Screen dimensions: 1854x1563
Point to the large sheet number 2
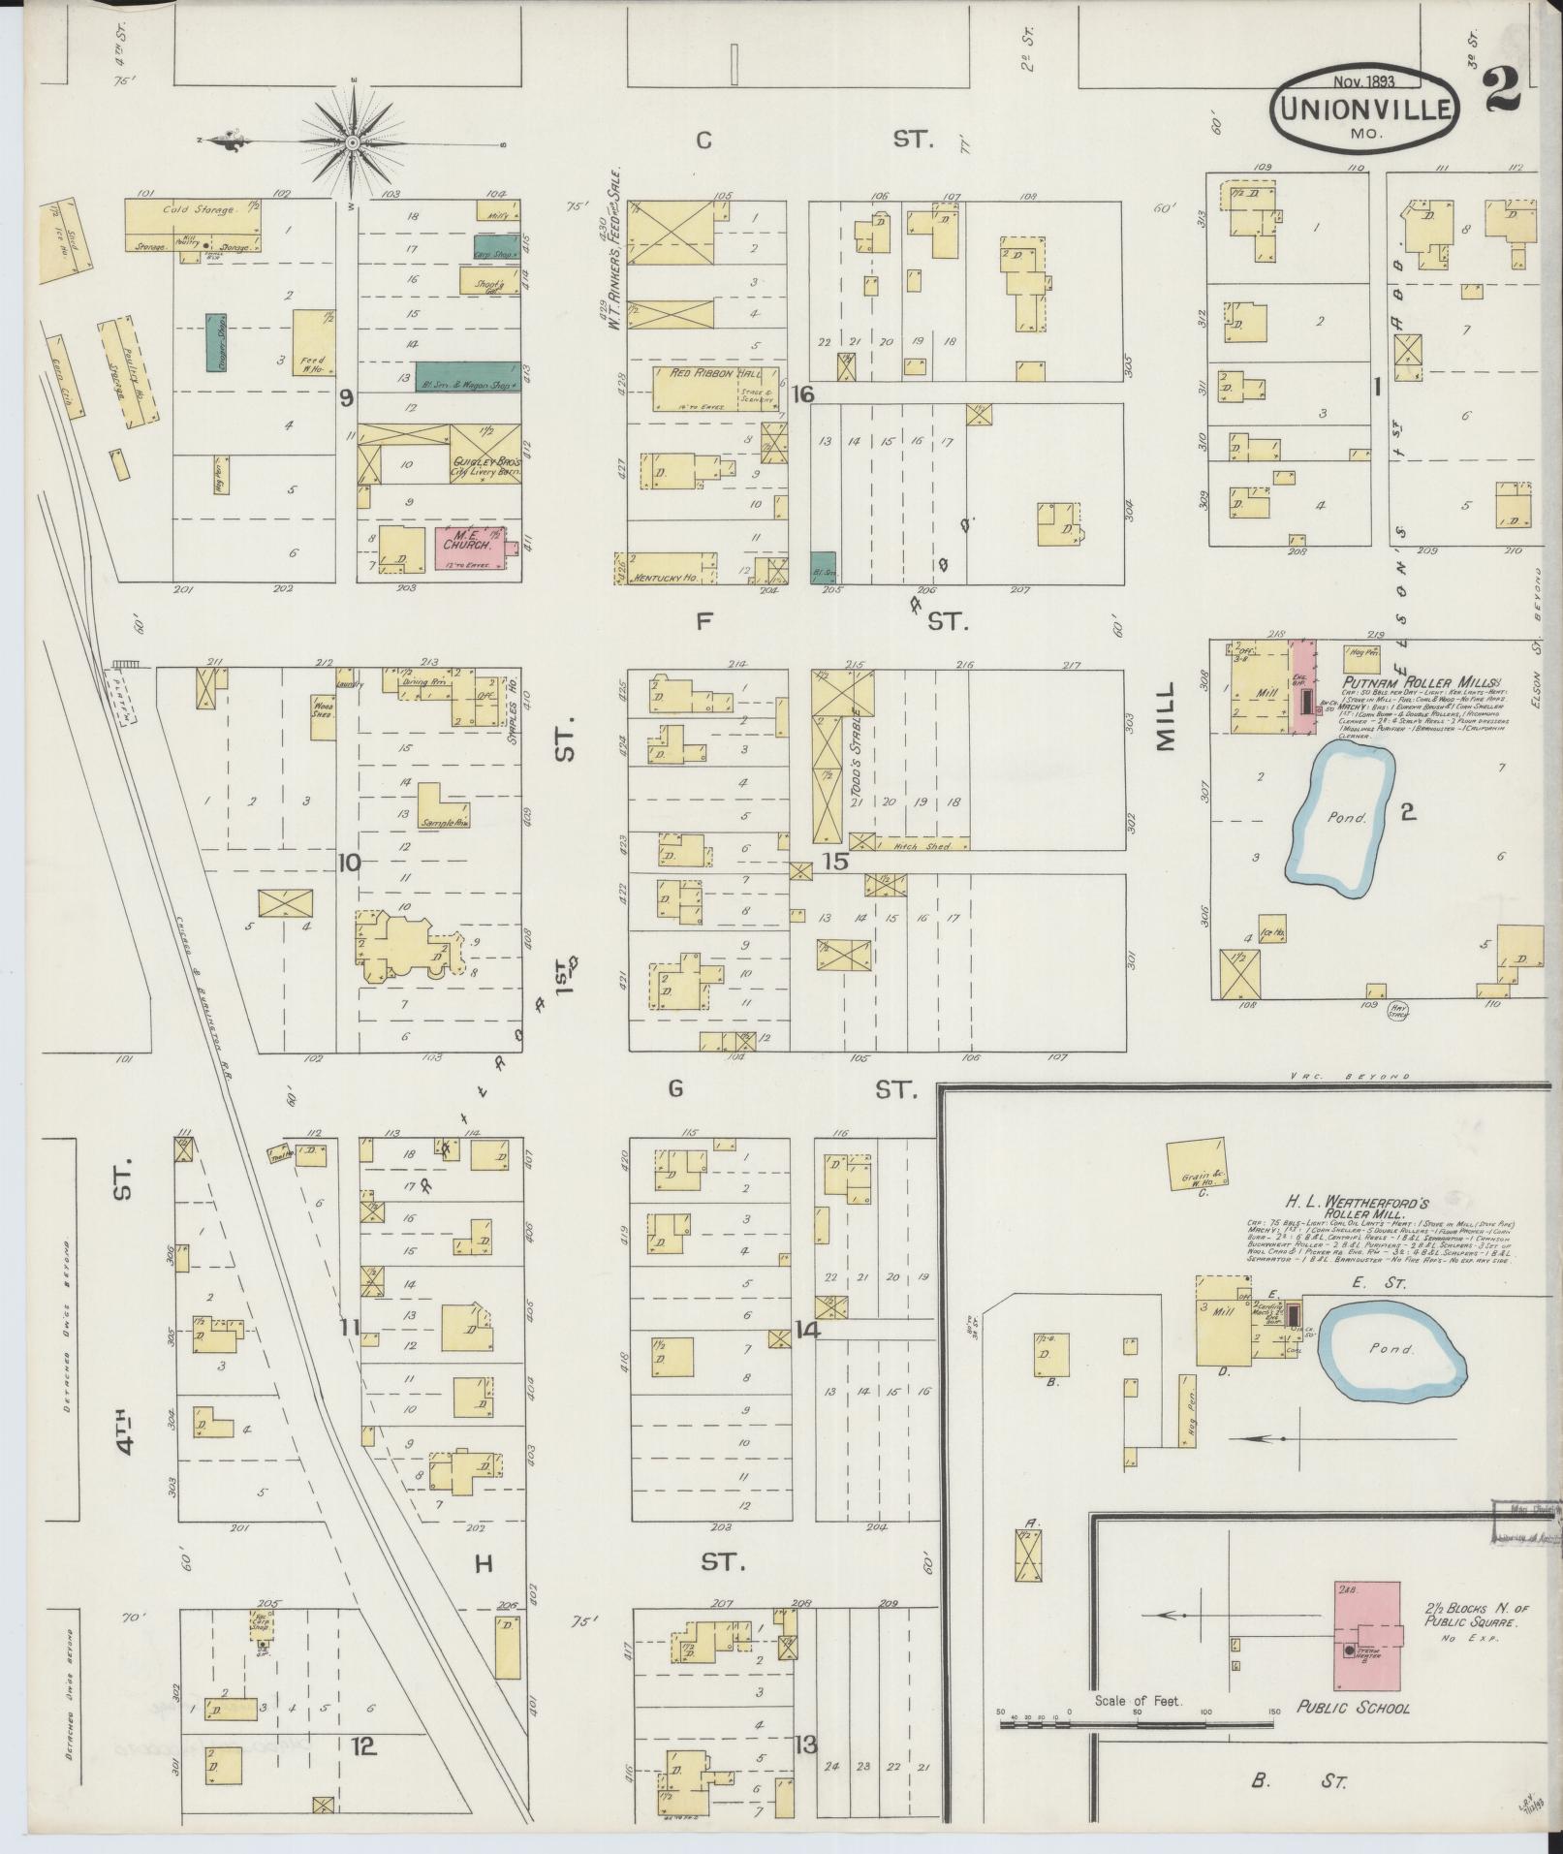point(1501,92)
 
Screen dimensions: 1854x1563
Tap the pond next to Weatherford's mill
point(1392,1348)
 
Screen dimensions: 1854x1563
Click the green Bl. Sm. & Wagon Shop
point(466,377)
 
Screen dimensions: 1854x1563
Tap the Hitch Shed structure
point(921,845)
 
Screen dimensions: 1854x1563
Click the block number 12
point(362,1746)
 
